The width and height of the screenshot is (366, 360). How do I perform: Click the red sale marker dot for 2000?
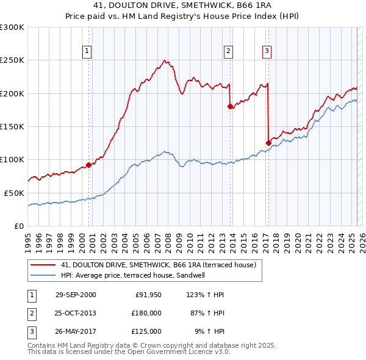[88, 165]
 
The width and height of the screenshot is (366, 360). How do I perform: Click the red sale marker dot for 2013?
[230, 107]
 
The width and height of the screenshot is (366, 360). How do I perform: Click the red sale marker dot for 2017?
[268, 143]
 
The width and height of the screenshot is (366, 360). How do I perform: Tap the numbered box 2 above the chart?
[228, 51]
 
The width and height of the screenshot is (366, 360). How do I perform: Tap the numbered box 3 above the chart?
[267, 51]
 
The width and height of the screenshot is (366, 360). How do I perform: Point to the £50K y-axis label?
[14, 193]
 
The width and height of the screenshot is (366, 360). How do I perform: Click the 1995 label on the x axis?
[28, 237]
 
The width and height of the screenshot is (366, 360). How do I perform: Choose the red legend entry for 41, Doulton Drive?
[162, 265]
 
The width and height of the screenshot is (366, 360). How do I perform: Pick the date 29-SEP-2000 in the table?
[76, 295]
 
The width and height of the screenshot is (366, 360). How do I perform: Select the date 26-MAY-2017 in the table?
[76, 331]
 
